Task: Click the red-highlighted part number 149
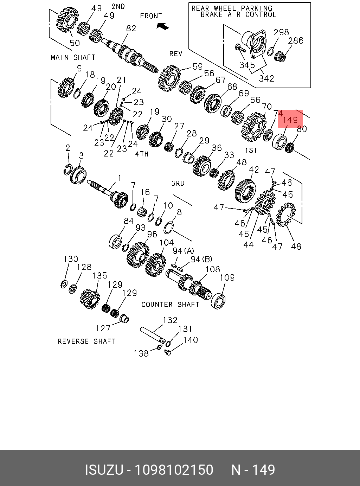pos(290,120)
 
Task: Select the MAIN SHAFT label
pos(73,57)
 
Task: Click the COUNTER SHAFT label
pos(171,305)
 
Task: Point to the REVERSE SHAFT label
pos(87,341)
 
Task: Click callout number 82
pos(131,28)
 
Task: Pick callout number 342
pos(266,78)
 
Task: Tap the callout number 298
pos(281,32)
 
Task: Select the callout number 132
pos(170,320)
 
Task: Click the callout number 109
pos(227,277)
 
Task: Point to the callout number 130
pos(71,259)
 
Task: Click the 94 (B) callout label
pos(201,259)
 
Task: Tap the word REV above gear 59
pos(176,53)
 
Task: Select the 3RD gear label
pos(178,184)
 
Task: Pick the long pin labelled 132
pos(152,334)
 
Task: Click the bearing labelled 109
pos(218,301)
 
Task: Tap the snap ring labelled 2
pos(68,169)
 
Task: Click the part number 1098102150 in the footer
pos(174,470)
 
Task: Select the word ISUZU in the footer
pos(104,470)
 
